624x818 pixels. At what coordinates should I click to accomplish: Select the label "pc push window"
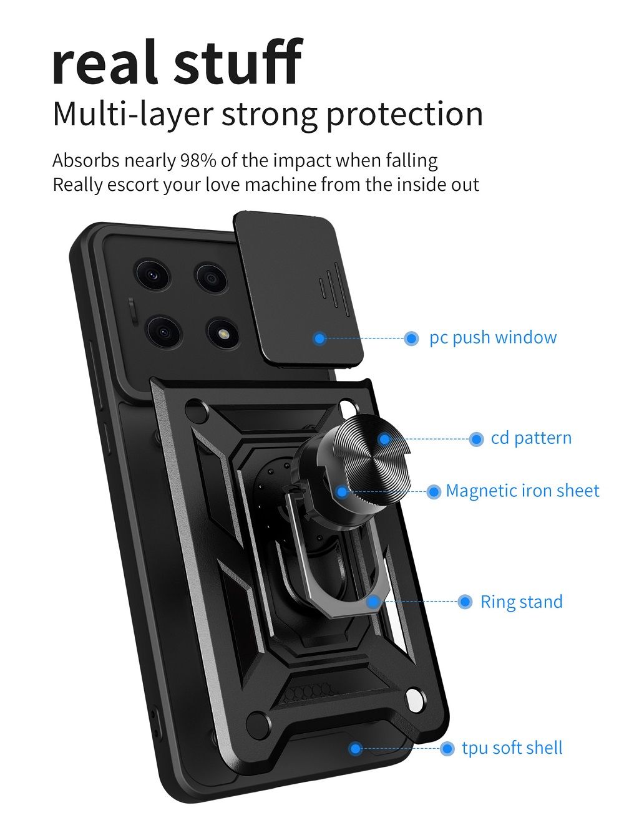pos(493,338)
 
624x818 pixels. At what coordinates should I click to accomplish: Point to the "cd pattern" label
pos(531,438)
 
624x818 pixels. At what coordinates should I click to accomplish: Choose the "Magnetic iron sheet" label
pos(522,491)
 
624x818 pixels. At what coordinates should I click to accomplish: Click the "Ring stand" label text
pos(521,602)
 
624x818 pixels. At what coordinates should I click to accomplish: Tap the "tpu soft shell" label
pos(512,748)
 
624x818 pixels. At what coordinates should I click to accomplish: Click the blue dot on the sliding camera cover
pos(319,339)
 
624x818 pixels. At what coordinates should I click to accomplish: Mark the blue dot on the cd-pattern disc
pos(385,439)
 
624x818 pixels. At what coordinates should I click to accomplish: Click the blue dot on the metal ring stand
pos(373,602)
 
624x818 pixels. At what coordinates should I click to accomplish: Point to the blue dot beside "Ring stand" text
pos(465,602)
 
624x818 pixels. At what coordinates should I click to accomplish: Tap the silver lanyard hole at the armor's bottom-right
pos(414,699)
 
